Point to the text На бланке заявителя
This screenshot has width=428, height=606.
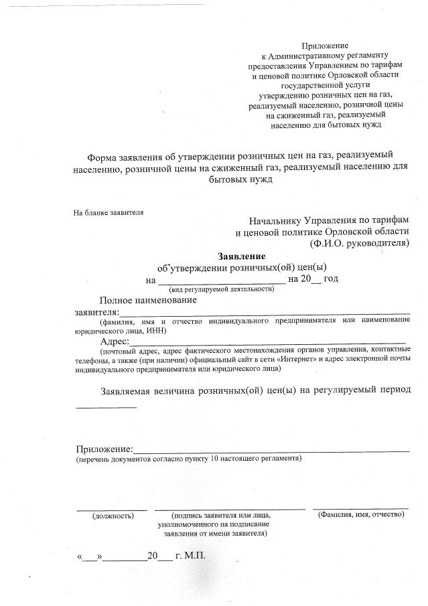coord(109,213)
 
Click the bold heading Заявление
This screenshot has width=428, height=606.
coord(241,256)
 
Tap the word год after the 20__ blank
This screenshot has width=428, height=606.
coord(330,279)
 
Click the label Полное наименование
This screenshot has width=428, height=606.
coord(148,300)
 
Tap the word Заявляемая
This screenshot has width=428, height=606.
coord(132,390)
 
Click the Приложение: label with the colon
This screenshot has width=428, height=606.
coord(104,449)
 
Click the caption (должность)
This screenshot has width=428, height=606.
coord(113,516)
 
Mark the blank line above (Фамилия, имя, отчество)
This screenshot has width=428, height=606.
coord(360,509)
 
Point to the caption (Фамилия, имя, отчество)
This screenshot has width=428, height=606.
coord(360,514)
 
